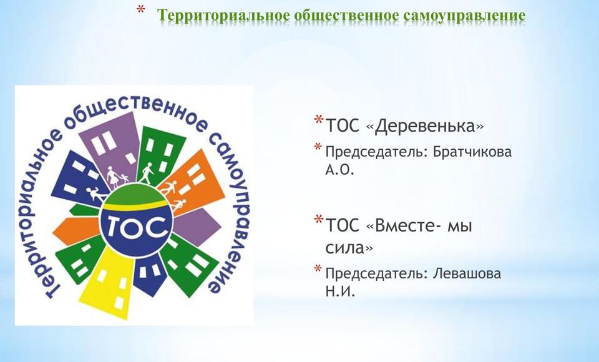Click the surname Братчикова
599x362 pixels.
(x=472, y=152)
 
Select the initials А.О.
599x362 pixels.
(x=339, y=170)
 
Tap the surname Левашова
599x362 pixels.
(x=467, y=274)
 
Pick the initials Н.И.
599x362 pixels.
(x=340, y=292)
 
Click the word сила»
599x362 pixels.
(x=349, y=248)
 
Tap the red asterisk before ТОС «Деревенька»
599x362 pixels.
(x=319, y=120)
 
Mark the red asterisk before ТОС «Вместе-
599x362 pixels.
(x=319, y=220)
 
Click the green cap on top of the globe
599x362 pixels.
(x=135, y=193)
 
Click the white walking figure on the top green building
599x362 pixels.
(x=146, y=173)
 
